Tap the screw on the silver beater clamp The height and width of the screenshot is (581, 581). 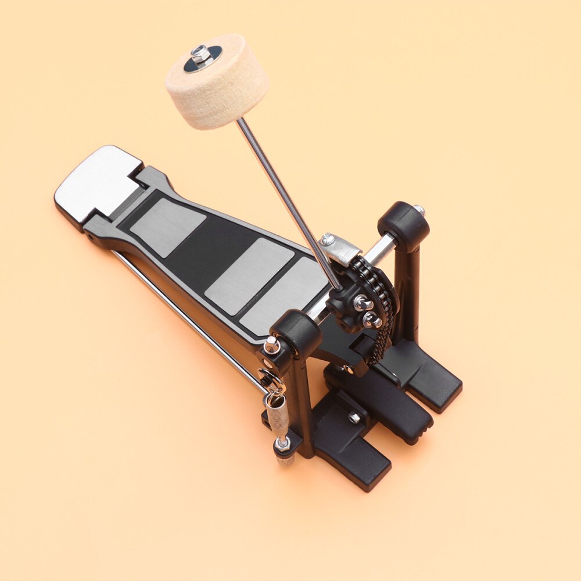coord(327,238)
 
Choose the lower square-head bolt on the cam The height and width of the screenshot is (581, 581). coord(370,319)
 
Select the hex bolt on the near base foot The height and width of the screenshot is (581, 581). coord(353,417)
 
